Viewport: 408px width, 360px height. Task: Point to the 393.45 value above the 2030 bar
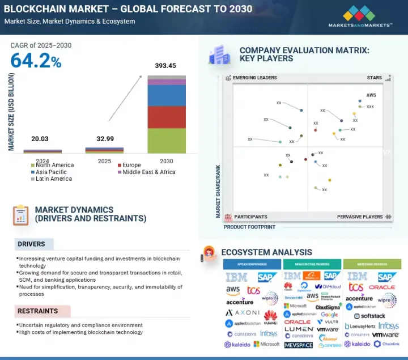[x=166, y=66]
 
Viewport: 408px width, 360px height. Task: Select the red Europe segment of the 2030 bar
[x=167, y=117]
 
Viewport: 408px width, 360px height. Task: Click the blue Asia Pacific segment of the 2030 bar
[x=167, y=95]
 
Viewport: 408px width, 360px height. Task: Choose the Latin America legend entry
[x=53, y=179]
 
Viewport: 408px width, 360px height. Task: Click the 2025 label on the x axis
[x=104, y=162]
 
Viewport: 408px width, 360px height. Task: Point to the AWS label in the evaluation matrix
[x=371, y=95]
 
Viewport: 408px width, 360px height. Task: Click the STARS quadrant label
[x=374, y=78]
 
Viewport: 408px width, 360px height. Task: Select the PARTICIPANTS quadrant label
[x=250, y=217]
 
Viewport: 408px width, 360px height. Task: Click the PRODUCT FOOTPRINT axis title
[x=249, y=227]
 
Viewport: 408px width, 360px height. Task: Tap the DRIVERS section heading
[x=31, y=244]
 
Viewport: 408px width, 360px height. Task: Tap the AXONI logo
[x=243, y=312]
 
